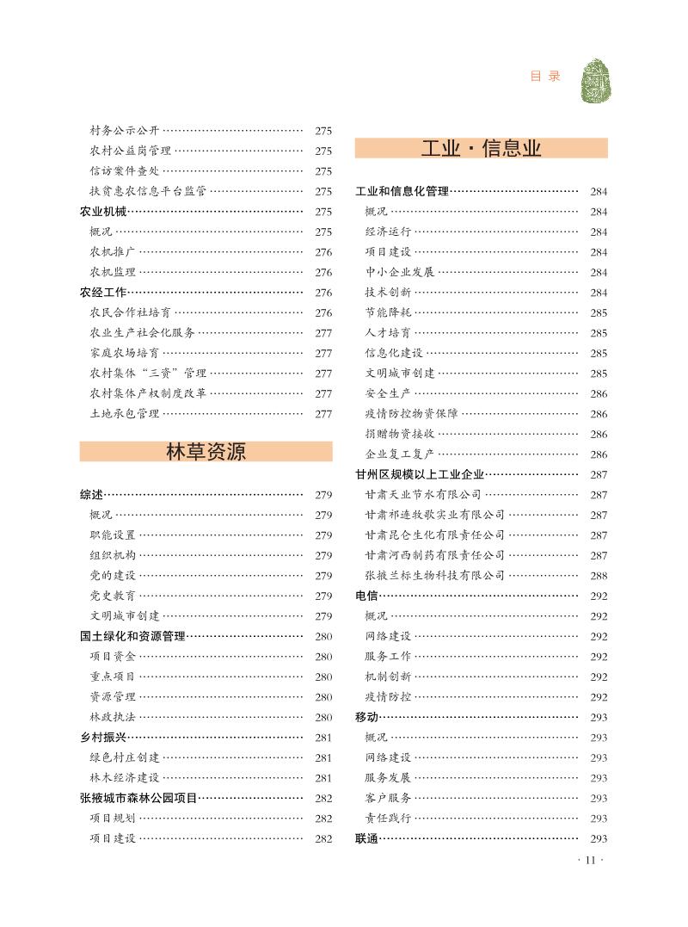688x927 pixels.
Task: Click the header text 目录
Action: (x=545, y=77)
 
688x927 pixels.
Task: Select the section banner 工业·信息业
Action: (x=481, y=148)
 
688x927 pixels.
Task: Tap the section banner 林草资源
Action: (x=206, y=451)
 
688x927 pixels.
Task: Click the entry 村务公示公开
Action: (x=125, y=131)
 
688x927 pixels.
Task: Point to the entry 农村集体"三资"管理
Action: (x=148, y=374)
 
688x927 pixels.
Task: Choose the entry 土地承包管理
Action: (x=125, y=414)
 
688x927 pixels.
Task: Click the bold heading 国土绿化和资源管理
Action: (x=132, y=637)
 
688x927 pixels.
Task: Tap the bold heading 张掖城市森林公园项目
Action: (x=138, y=799)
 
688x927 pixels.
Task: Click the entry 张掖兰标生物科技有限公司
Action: (x=434, y=576)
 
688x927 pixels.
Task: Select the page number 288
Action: (x=599, y=576)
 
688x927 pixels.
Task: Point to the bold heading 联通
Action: (x=366, y=839)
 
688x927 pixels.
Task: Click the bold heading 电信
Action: (x=366, y=596)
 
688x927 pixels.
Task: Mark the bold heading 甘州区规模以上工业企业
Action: (x=420, y=474)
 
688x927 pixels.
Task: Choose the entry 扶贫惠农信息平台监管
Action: (x=148, y=191)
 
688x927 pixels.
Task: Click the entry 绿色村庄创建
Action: (x=125, y=758)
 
